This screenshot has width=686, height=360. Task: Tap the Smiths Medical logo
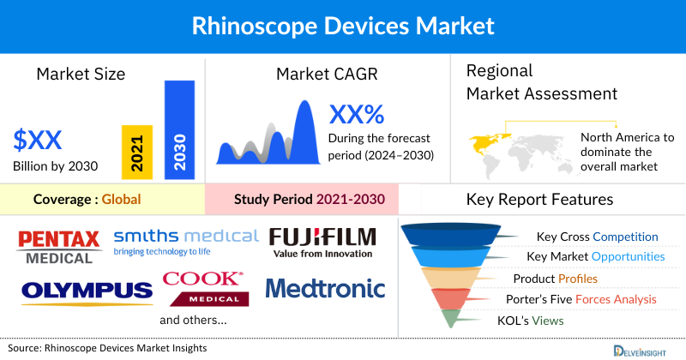click(185, 241)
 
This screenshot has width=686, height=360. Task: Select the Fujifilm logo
click(322, 242)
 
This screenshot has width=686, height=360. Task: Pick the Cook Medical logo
click(203, 288)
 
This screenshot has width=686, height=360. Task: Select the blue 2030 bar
click(179, 130)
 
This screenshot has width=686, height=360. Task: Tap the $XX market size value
click(39, 140)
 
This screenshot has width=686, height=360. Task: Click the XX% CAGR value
click(357, 114)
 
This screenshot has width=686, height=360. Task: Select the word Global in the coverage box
click(121, 201)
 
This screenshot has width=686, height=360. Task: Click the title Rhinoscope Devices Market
click(342, 26)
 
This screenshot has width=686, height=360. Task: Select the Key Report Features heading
click(539, 200)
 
